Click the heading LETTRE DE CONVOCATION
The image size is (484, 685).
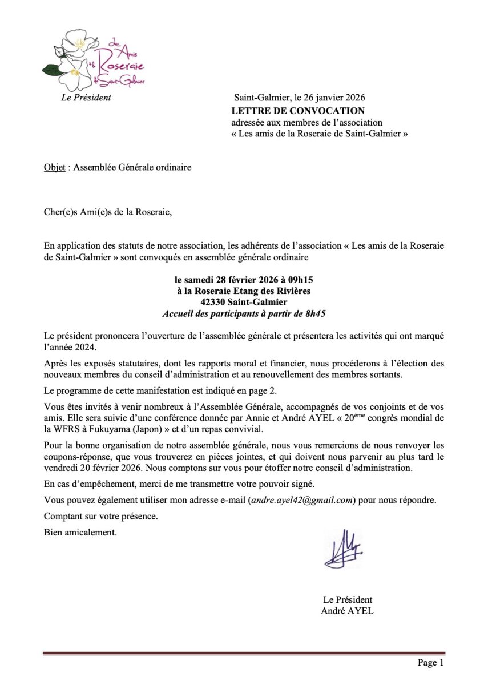click(297, 111)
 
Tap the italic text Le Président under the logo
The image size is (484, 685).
click(86, 98)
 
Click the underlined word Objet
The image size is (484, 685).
click(54, 168)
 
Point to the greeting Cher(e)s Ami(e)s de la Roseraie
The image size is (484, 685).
click(107, 213)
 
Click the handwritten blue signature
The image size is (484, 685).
click(342, 549)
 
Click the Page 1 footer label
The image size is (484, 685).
click(430, 663)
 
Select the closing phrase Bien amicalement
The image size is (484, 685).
click(80, 533)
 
